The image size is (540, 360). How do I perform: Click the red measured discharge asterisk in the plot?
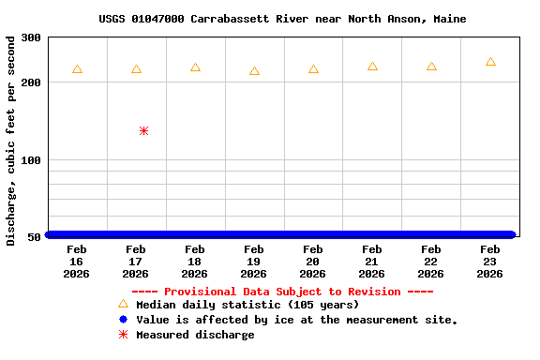click(143, 130)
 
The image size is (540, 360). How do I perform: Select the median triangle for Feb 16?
click(77, 69)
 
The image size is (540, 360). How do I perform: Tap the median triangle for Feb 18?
click(195, 67)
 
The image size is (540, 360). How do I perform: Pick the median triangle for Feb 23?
click(490, 62)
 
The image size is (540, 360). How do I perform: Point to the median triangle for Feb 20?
click(313, 69)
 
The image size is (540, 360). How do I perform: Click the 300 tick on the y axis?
click(31, 37)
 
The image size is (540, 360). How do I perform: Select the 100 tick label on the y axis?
click(31, 160)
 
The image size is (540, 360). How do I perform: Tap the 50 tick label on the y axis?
click(35, 237)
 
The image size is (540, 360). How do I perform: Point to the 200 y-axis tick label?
click(31, 83)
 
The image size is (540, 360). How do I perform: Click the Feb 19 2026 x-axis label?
click(253, 262)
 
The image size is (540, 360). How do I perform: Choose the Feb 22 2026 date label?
click(430, 262)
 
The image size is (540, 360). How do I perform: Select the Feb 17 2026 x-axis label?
click(135, 262)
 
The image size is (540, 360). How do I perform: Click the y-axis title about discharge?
click(11, 141)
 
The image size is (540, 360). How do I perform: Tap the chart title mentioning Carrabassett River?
click(282, 19)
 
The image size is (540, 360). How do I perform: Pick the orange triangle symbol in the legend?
click(123, 304)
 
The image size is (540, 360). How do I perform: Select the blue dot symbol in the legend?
click(123, 320)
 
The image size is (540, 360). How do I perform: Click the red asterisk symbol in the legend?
click(123, 335)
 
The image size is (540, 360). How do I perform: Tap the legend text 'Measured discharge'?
click(195, 335)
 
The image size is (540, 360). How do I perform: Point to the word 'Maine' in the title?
click(450, 19)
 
